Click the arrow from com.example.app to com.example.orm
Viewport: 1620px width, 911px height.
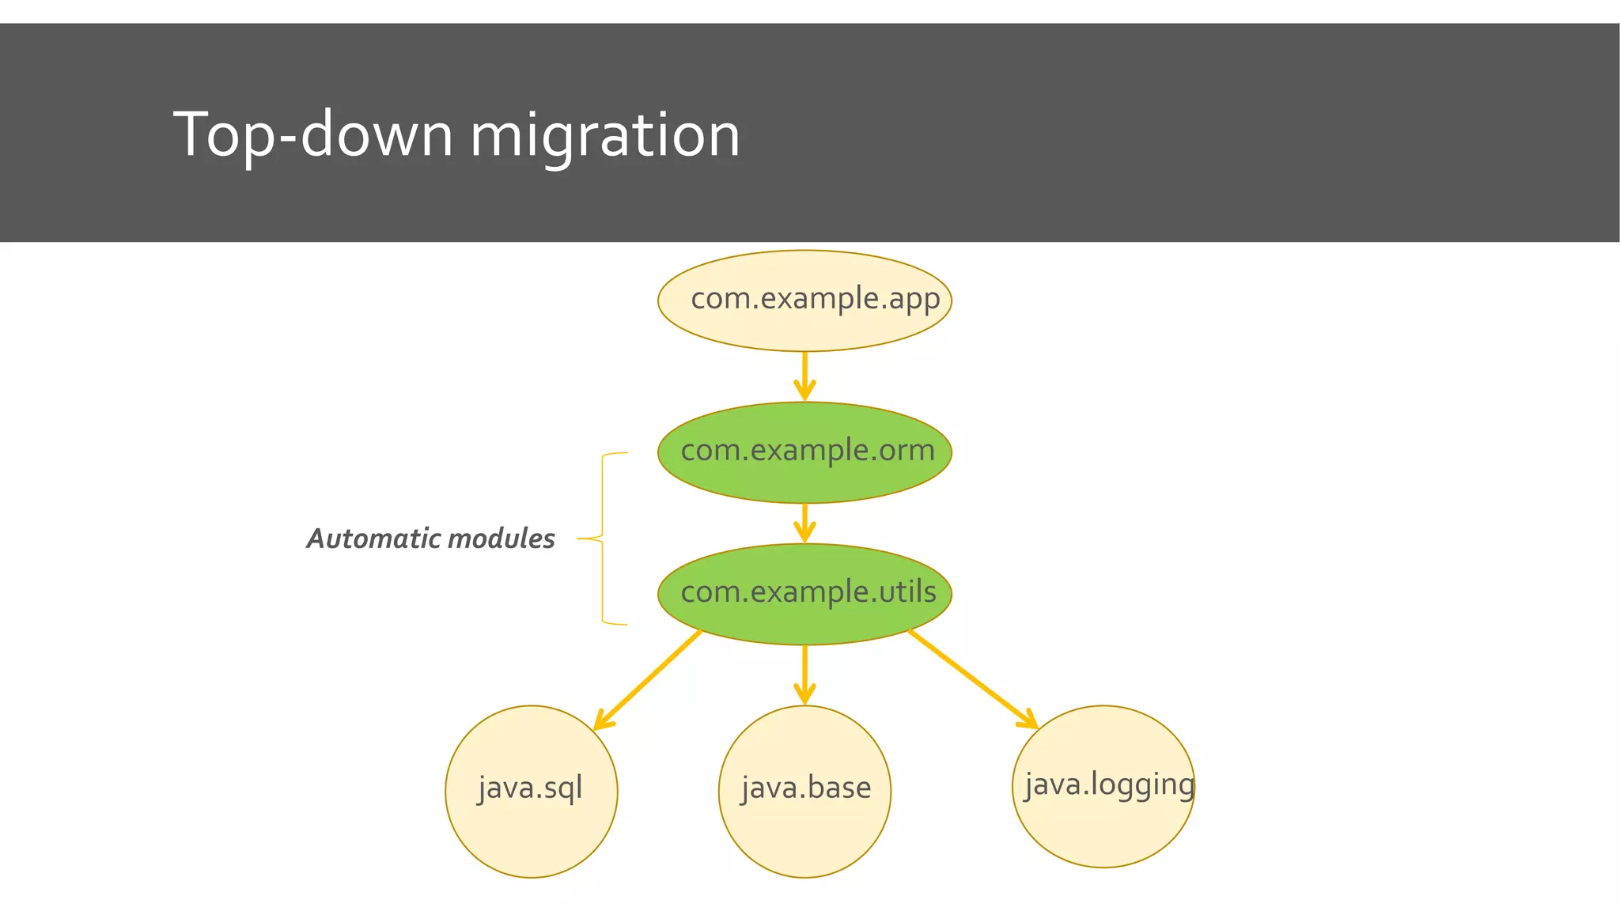coord(804,376)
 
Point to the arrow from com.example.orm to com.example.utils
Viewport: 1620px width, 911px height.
coord(804,523)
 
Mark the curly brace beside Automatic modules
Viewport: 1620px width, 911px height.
coord(604,539)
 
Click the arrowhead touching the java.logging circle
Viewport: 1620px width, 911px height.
coord(1029,721)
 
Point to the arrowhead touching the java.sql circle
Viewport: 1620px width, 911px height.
coord(602,722)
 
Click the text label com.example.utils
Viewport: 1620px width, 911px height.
coord(808,592)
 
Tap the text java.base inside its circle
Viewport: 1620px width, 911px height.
coord(806,788)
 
